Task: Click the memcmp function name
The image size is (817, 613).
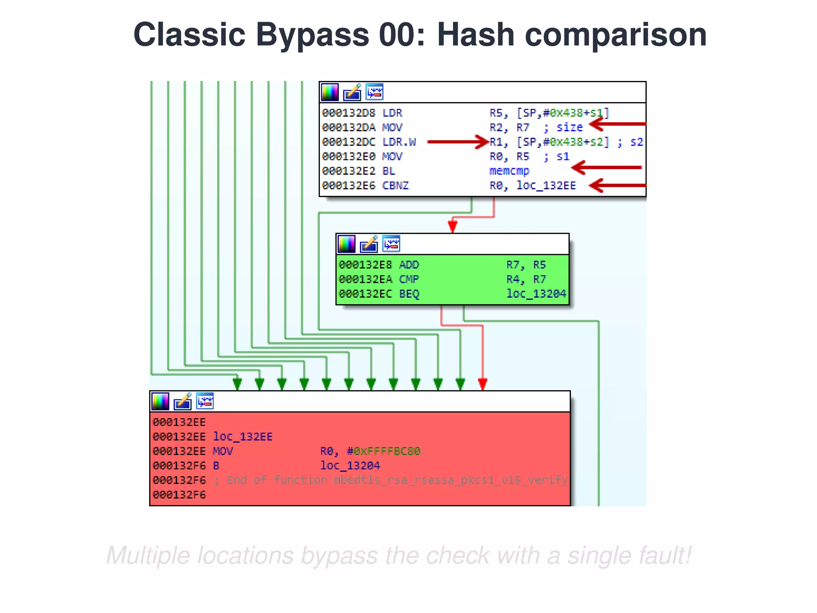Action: pos(509,171)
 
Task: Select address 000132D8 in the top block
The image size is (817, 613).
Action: pos(348,113)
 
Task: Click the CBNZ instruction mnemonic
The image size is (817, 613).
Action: pos(395,186)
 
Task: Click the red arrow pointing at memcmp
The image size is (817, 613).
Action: pos(606,167)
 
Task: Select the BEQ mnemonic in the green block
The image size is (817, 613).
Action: pos(409,294)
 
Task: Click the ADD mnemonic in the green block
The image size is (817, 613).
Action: pos(409,265)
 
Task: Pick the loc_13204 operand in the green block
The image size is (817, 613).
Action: pos(536,294)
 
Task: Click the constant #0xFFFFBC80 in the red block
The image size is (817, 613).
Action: pos(383,451)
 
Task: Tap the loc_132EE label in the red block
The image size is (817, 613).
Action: pos(243,437)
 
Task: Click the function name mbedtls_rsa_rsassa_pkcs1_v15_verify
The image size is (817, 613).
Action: pos(450,480)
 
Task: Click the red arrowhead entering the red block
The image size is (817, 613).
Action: pos(482,384)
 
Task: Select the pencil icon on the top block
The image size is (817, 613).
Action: pos(352,92)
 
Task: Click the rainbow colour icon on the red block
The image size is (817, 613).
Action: pos(160,401)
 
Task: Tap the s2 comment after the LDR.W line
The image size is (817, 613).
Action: pos(636,142)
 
